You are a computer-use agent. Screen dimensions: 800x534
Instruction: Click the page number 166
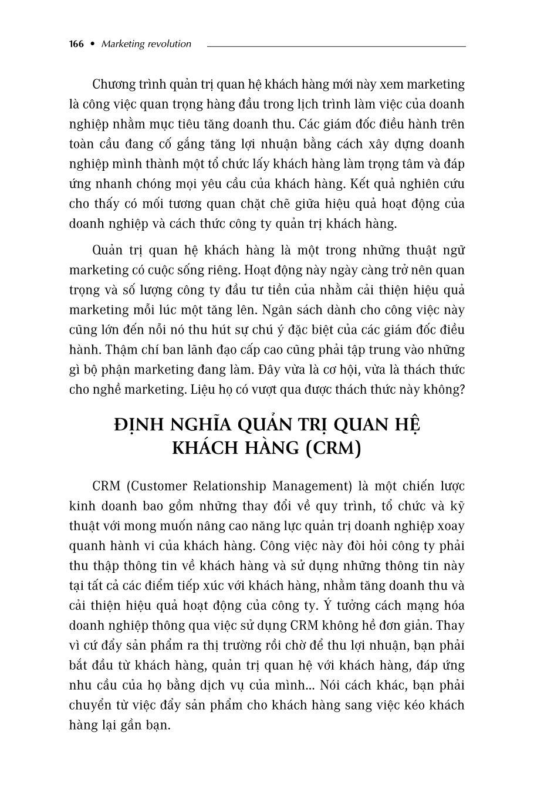click(76, 44)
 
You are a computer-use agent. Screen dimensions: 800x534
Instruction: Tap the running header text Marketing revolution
click(146, 44)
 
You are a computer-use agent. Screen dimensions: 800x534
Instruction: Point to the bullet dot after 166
click(92, 44)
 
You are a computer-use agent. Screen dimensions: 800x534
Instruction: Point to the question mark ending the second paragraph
click(461, 390)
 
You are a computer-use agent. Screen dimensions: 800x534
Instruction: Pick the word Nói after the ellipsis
click(337, 686)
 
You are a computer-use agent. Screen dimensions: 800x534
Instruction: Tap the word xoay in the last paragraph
click(451, 526)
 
